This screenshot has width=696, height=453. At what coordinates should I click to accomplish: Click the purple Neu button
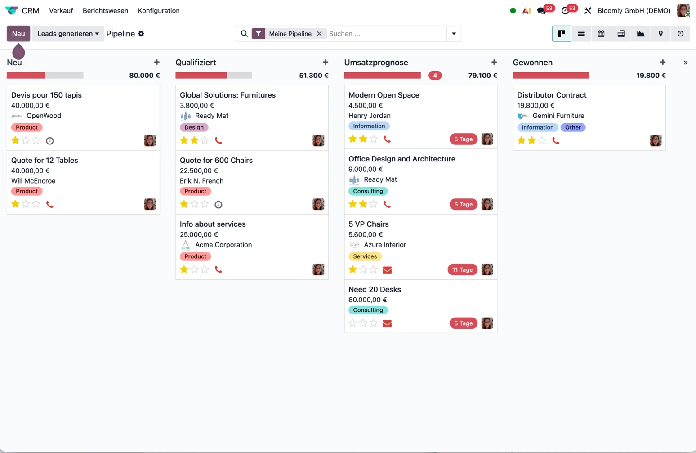18,34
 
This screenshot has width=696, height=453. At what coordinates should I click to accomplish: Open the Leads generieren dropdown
68,34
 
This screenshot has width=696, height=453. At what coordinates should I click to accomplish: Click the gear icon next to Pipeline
141,34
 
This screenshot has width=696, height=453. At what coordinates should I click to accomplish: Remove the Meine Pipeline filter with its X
319,34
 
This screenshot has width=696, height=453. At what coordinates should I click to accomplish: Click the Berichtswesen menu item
105,11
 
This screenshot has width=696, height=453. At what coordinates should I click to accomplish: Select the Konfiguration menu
159,11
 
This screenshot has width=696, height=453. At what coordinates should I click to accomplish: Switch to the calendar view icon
601,34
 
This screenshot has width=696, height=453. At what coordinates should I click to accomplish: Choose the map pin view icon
660,34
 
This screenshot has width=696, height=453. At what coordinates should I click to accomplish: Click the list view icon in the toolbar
581,34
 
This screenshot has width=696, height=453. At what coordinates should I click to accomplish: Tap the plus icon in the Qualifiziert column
326,63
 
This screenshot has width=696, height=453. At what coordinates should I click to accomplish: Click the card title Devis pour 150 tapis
46,95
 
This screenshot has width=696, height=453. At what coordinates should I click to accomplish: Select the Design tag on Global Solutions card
194,127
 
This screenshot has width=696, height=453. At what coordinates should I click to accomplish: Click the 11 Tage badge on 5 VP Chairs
462,270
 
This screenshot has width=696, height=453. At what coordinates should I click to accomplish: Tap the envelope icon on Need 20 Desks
387,323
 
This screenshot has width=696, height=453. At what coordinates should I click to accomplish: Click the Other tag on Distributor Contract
573,127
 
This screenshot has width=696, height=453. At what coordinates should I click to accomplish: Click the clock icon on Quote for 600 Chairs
219,205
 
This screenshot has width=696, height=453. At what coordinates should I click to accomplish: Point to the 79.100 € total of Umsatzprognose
482,76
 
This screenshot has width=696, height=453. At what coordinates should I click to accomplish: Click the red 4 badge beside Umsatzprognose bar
435,76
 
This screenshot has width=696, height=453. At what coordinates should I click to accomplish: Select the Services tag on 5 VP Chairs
365,256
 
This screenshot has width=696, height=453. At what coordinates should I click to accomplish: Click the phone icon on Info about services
219,269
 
